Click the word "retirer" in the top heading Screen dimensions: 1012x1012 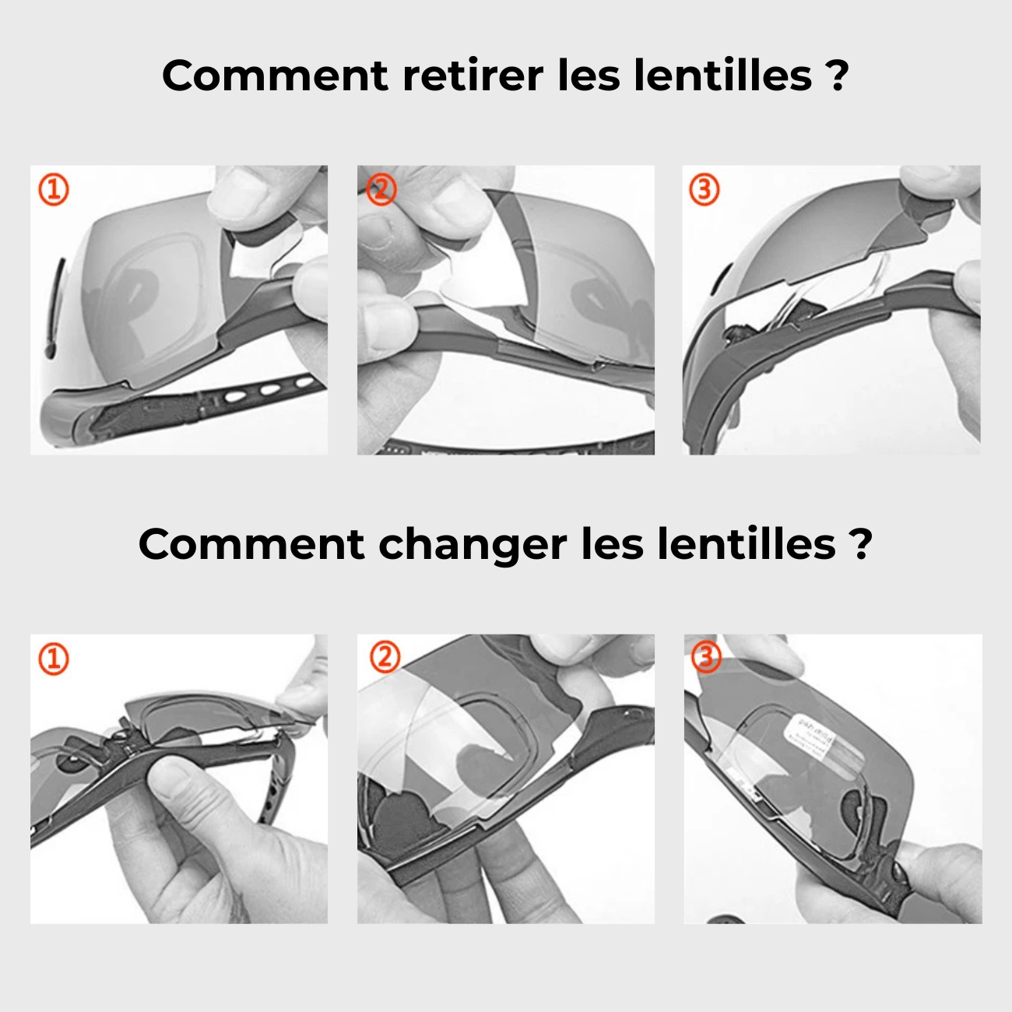click(x=472, y=76)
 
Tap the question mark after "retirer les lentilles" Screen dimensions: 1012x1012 click(x=836, y=76)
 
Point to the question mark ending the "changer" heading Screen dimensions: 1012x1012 click(x=860, y=544)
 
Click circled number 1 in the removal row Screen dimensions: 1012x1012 click(x=54, y=189)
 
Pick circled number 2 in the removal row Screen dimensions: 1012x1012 click(x=381, y=189)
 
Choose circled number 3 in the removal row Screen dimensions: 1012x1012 click(x=705, y=189)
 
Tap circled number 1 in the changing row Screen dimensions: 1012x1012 click(x=54, y=659)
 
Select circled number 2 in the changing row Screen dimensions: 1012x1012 click(x=385, y=658)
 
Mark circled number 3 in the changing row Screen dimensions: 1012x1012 click(x=706, y=658)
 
